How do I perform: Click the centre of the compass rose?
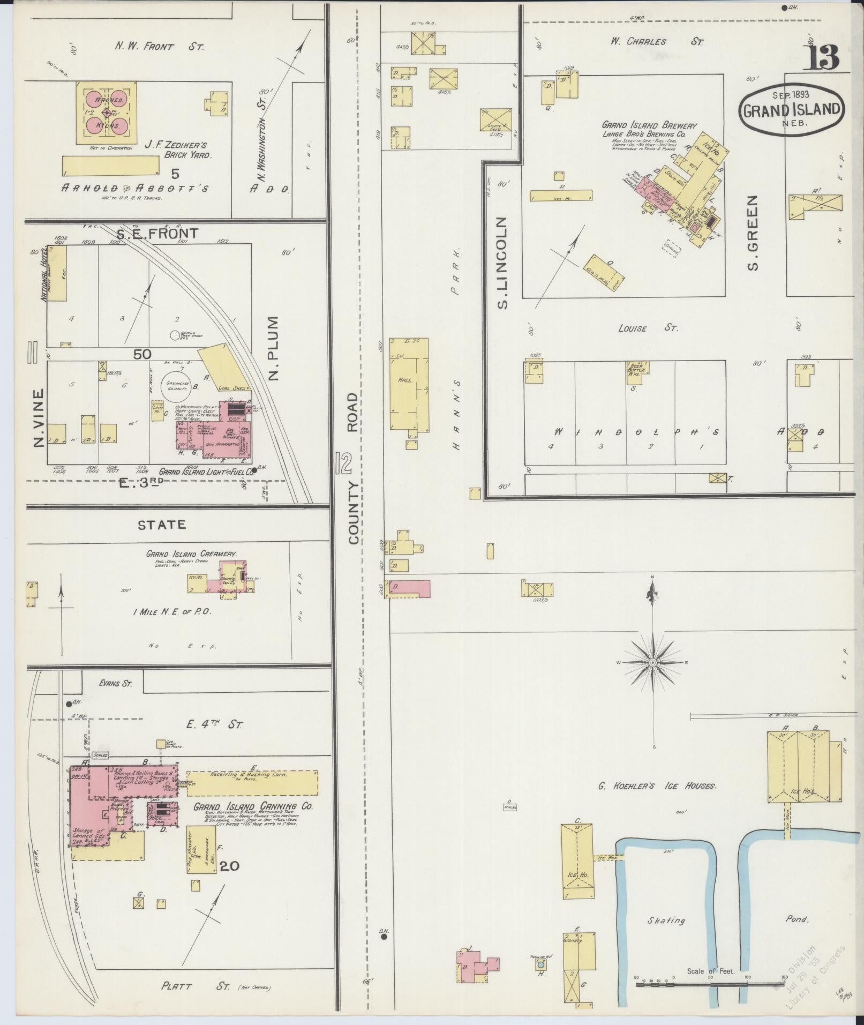653,663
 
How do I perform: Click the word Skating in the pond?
666,920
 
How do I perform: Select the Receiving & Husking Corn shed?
252,782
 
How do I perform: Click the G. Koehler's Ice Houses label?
657,785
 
